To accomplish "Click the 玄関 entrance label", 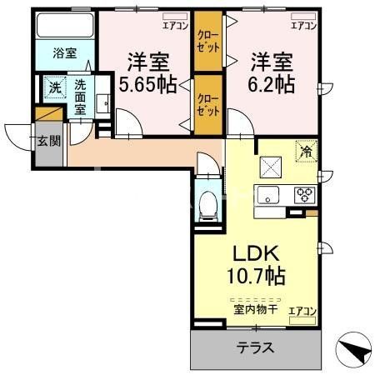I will (48, 140).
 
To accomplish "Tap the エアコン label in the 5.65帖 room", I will (174, 26).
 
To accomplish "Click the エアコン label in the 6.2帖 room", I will (302, 26).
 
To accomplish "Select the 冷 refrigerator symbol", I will (306, 151).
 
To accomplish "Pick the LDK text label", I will (254, 252).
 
